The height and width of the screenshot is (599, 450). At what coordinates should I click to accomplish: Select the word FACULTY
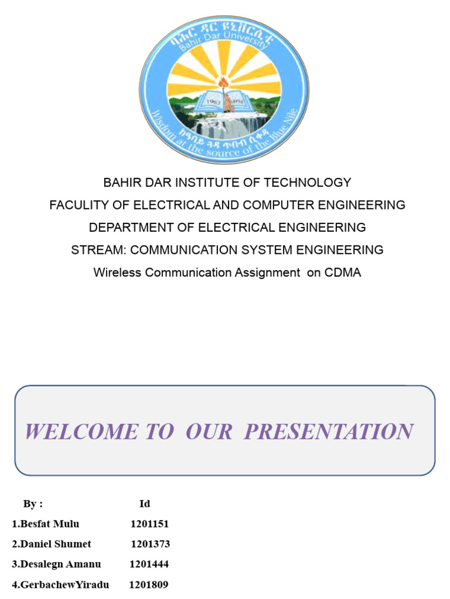(76, 205)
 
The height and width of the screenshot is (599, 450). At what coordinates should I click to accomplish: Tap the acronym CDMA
(342, 273)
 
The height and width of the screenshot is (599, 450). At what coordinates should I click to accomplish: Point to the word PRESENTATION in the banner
(329, 432)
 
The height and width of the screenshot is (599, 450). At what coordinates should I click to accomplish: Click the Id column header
(145, 504)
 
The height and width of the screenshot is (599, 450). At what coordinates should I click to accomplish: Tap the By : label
(33, 504)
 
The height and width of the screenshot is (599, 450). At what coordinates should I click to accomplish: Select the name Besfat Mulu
(49, 524)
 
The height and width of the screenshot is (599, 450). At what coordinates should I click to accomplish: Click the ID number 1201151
(149, 524)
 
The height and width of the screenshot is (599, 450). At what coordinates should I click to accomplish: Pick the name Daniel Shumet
(56, 544)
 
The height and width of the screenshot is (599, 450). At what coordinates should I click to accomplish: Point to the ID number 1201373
(151, 544)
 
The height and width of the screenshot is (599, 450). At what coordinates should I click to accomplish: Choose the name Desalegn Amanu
(60, 564)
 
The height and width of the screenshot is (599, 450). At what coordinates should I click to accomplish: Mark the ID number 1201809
(149, 584)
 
